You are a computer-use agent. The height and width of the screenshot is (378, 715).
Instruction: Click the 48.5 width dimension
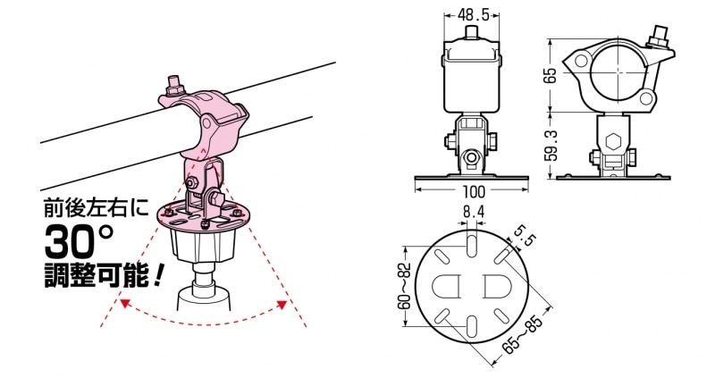(473, 15)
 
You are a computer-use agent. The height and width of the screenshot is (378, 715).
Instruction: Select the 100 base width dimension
(474, 191)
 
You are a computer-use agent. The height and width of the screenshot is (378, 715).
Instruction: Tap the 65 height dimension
(551, 75)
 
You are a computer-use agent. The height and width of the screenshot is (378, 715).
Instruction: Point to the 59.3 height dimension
(551, 146)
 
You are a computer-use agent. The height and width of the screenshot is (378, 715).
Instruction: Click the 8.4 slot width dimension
(473, 212)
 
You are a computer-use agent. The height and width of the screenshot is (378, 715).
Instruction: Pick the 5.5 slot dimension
(524, 236)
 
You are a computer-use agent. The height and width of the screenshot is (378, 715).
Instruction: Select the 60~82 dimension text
(404, 286)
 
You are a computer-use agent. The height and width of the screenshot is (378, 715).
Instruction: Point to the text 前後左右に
(97, 208)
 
